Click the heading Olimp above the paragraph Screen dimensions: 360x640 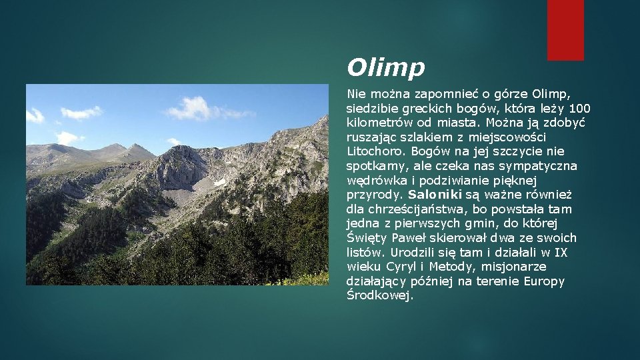385,67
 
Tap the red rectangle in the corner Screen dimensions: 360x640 565,30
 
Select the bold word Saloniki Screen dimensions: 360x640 435,195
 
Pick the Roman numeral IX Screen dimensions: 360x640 561,253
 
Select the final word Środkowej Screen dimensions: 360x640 380,295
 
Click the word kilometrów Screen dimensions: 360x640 377,123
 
